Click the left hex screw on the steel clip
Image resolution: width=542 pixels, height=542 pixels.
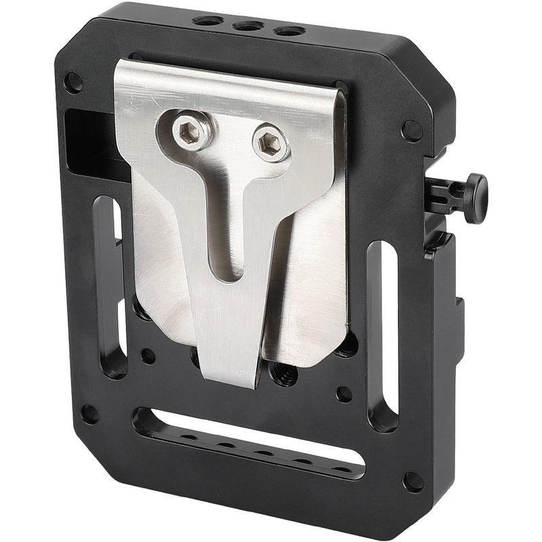(185, 131)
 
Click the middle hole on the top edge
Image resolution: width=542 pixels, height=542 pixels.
(249, 26)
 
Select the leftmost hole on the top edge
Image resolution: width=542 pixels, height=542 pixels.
(207, 20)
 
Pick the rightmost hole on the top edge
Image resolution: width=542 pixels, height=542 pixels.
(289, 31)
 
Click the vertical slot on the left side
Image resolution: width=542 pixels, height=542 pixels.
(112, 285)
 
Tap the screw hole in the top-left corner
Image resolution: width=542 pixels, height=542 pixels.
(73, 83)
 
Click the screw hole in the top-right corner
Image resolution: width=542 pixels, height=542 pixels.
(411, 130)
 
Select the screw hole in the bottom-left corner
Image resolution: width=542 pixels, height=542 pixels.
(89, 413)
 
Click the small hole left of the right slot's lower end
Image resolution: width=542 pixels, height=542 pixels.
(344, 393)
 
